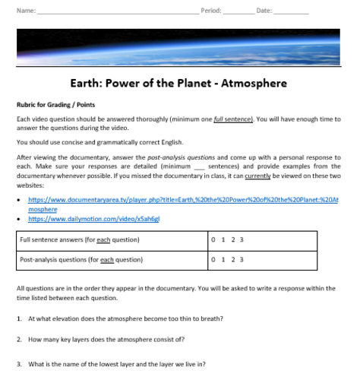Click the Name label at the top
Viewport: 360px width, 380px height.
pyautogui.click(x=25, y=10)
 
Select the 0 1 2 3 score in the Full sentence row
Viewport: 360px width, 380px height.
pyautogui.click(x=229, y=241)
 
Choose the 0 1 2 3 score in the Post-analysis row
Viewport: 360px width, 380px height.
pyautogui.click(x=229, y=259)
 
